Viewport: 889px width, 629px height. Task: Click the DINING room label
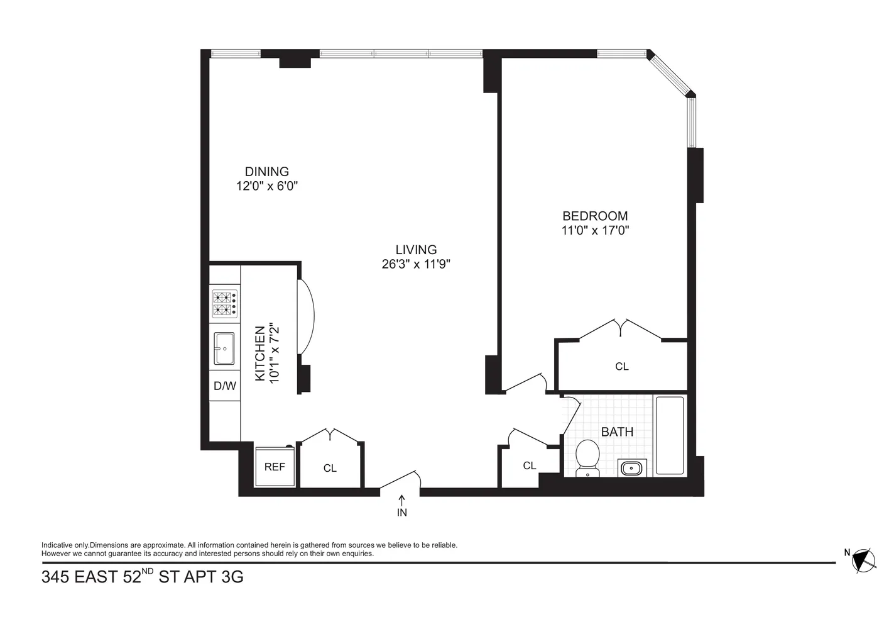point(266,171)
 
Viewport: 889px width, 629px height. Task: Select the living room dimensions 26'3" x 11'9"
point(416,264)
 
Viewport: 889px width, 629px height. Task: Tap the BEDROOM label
point(595,216)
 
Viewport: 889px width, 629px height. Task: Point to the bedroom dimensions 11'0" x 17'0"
point(595,230)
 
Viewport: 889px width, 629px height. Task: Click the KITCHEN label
point(259,353)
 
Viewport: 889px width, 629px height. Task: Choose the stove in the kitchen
point(224,303)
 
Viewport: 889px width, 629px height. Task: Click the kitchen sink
point(224,348)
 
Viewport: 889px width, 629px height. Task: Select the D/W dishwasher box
point(224,386)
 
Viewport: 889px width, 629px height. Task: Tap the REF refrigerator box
point(275,467)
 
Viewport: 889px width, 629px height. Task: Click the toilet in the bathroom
point(588,458)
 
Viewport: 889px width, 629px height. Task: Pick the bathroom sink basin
point(631,468)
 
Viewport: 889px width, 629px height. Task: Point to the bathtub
point(670,435)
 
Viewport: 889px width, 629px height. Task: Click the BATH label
point(617,432)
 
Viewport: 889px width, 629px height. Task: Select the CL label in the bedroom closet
point(621,366)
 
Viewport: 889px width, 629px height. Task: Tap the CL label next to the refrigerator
point(330,468)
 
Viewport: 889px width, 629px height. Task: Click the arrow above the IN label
point(401,499)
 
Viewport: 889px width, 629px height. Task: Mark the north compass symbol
point(864,559)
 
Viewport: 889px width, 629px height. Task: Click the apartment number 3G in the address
point(232,577)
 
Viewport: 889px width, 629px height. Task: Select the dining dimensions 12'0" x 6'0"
point(266,186)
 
